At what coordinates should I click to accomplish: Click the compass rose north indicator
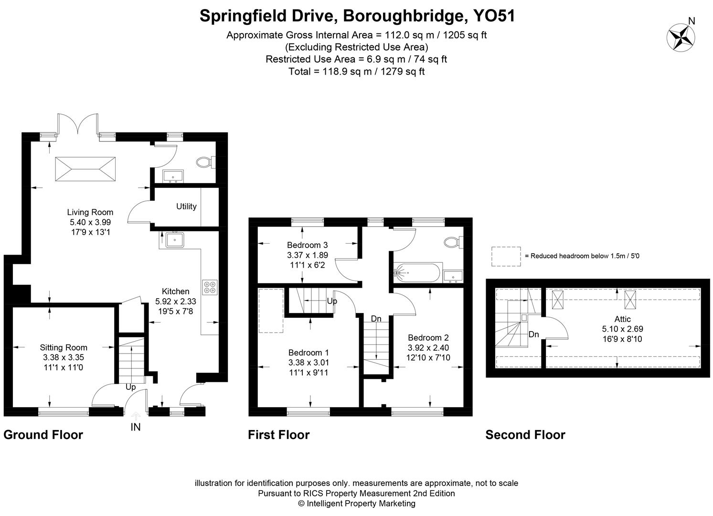681,36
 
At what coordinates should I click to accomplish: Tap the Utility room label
186,206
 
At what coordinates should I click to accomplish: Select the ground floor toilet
205,162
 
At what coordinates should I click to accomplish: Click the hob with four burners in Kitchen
210,287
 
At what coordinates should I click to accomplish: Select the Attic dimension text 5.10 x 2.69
622,329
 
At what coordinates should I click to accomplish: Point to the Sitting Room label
64,348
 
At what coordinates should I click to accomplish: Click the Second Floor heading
525,435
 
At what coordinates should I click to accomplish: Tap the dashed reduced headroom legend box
506,256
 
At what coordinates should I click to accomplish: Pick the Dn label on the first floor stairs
376,319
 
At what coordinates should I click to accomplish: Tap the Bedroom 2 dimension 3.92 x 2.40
428,348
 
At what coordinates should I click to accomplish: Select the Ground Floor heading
43,435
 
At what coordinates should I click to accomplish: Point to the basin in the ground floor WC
172,176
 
